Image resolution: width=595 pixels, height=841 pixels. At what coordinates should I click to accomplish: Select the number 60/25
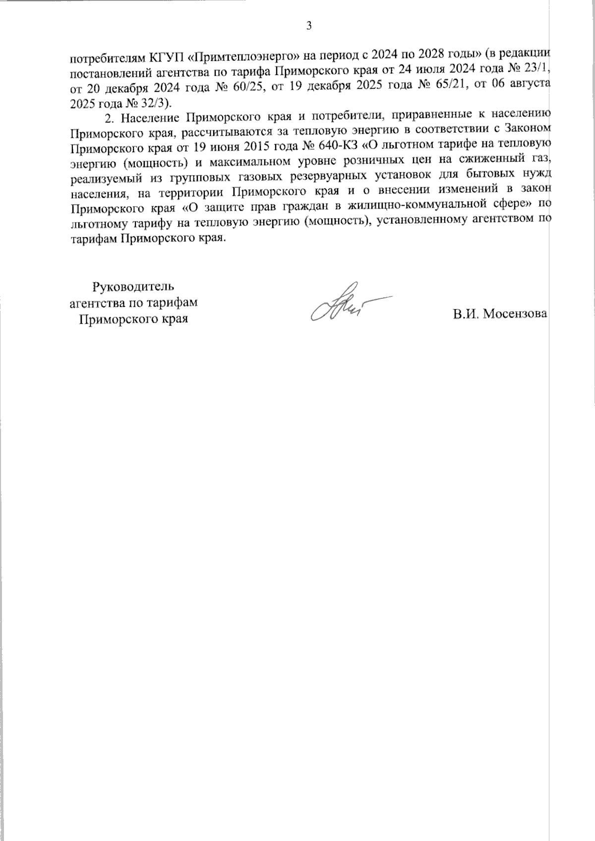click(x=252, y=86)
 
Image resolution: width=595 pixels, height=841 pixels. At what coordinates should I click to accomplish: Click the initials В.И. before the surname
click(x=465, y=314)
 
